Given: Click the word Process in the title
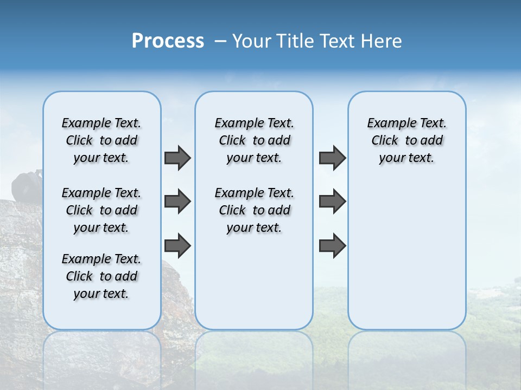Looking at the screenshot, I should click(x=168, y=41).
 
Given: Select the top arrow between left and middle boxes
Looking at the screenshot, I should click(x=177, y=158).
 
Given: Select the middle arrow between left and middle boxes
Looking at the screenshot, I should click(x=177, y=201).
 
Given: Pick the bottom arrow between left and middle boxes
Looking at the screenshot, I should click(x=177, y=245).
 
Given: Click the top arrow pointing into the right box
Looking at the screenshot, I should click(x=332, y=158).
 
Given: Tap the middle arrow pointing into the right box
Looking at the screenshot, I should click(x=332, y=201).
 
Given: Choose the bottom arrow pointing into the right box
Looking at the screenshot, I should click(x=332, y=245).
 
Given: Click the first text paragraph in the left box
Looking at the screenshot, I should click(x=101, y=140).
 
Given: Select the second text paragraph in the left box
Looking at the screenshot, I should click(x=101, y=210).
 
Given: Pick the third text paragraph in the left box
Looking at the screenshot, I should click(x=101, y=276).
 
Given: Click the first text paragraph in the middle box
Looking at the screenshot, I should click(x=254, y=140).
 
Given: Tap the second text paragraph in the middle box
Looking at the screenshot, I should click(x=254, y=210).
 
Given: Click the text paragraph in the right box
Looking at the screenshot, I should click(x=406, y=140).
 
